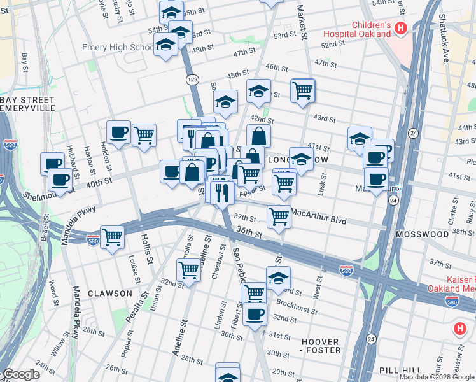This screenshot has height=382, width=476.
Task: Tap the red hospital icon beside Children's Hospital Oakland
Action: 401,27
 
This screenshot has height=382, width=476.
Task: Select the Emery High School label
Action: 118,48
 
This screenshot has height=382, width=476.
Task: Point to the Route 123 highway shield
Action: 193,79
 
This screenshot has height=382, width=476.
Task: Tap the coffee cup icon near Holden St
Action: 118,132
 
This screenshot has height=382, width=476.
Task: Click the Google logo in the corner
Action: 20,374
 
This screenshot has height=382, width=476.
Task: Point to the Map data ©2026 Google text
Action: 437,377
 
